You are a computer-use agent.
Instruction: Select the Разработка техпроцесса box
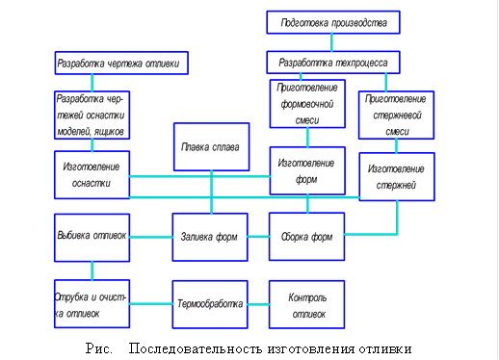point(332,63)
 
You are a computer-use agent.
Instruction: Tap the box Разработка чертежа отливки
point(119,64)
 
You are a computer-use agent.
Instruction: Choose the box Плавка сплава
point(210,152)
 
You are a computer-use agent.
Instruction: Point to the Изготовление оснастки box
point(92,174)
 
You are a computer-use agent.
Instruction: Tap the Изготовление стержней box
point(395,176)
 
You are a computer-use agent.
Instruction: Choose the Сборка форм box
point(307,237)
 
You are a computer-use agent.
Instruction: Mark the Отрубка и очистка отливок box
point(92,303)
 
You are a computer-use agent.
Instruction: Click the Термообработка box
point(210,303)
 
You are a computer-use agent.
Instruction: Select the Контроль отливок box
point(307,304)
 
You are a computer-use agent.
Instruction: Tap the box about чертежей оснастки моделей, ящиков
point(92,115)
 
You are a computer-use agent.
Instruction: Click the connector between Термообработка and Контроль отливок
point(258,303)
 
